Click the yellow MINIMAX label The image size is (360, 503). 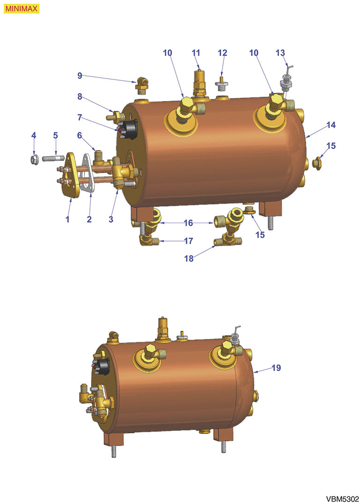click(x=21, y=9)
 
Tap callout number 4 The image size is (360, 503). click(x=34, y=135)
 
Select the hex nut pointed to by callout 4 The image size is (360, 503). click(x=34, y=160)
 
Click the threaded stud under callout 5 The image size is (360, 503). click(x=53, y=159)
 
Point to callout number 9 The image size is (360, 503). click(x=80, y=76)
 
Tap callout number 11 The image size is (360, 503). click(x=196, y=53)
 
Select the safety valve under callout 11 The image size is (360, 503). click(x=199, y=82)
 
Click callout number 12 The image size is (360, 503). click(x=222, y=53)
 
